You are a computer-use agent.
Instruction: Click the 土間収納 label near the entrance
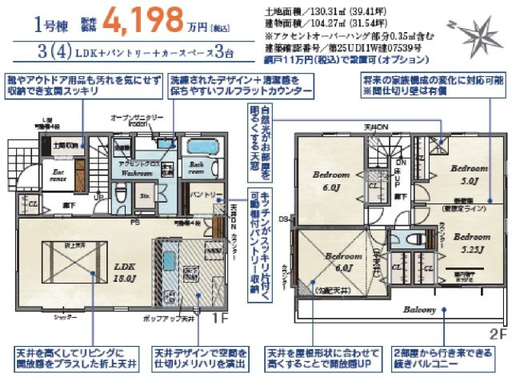pyautogui.click(x=66, y=147)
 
